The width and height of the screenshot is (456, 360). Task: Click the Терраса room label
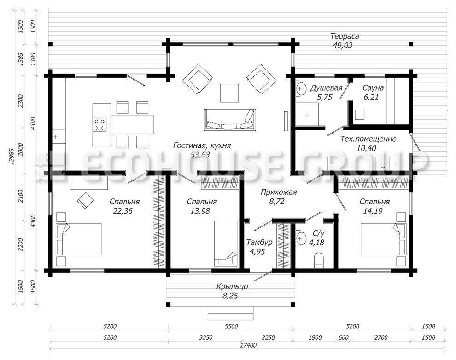coord(345,36)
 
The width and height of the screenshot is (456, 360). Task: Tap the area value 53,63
coord(200,155)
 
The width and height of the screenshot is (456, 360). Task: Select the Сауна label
coord(373,88)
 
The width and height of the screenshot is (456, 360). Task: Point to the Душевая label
coord(326,88)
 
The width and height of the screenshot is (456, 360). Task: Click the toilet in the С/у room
coord(319,261)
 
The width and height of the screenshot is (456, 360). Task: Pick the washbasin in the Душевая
coord(301,89)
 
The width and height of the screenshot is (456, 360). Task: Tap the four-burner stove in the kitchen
coord(99,124)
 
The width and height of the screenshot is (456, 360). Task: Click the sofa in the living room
coord(230,120)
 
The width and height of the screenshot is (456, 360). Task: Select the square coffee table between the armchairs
coord(229,93)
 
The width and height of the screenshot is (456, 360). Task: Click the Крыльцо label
coord(232,286)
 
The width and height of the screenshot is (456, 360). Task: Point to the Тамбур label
coord(259,242)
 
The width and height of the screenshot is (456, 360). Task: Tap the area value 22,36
coord(123,211)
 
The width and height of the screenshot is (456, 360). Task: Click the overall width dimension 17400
coord(248,345)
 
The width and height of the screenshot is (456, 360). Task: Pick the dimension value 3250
coord(205,337)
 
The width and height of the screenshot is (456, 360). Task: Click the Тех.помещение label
coord(368,139)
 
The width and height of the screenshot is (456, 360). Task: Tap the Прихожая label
coord(279,192)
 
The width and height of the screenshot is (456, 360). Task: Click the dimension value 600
coord(344,337)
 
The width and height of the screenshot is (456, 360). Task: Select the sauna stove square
coord(360,115)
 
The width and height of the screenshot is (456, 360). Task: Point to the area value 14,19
coord(373,211)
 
